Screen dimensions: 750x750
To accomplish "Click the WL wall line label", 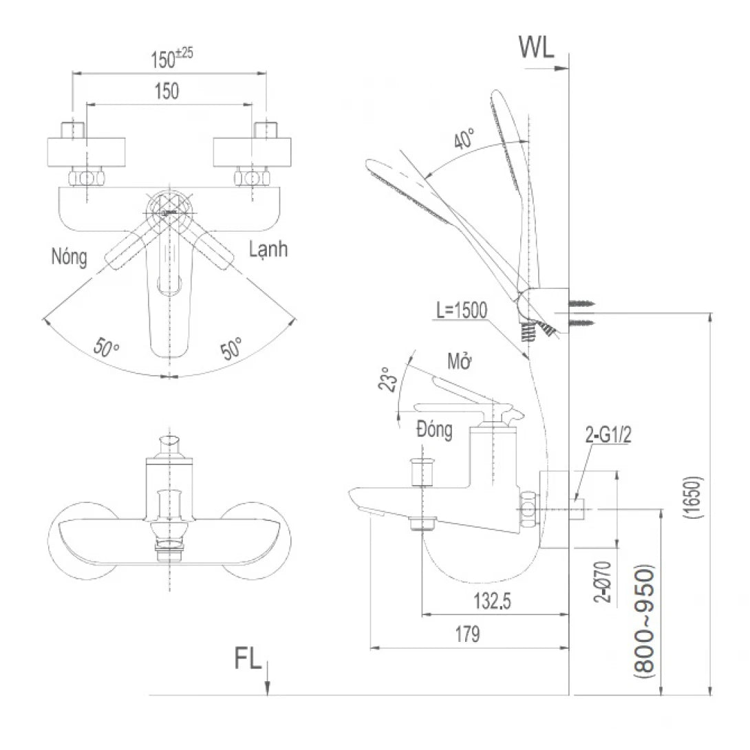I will (x=536, y=49).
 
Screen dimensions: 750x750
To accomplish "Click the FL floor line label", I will (x=248, y=659).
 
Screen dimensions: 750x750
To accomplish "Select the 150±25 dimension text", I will (x=171, y=60).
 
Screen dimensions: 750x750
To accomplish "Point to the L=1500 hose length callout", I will (x=462, y=310).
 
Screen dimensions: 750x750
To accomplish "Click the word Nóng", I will (x=69, y=257).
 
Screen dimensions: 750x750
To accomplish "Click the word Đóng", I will (x=434, y=430).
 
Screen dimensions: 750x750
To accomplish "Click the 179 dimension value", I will (x=467, y=634).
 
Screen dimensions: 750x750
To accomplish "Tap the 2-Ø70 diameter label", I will (x=603, y=579).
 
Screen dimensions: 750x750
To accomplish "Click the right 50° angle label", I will (x=231, y=347).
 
